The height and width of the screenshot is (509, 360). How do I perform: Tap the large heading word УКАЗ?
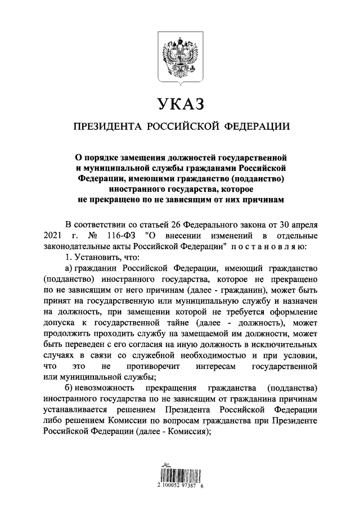(179, 105)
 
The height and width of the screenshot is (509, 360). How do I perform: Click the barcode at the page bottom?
(179, 471)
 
